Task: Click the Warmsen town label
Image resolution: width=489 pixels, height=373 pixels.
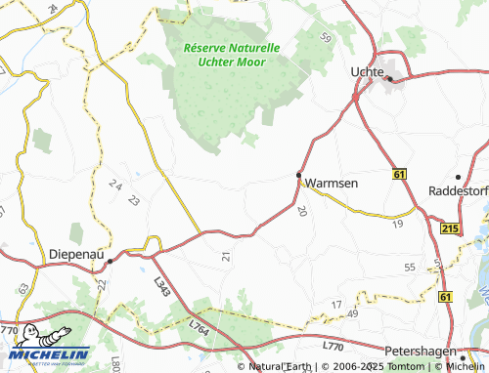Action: pos(332,183)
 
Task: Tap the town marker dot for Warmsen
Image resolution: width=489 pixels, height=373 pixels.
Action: pos(299,175)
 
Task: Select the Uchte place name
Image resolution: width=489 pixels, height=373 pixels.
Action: pos(368,72)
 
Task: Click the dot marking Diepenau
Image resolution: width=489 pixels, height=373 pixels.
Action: pos(111,261)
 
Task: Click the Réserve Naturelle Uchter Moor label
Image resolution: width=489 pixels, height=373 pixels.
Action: pos(232,55)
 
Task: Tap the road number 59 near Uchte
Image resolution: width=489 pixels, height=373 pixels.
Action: pos(326,38)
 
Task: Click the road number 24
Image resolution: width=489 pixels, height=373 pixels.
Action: pos(116,185)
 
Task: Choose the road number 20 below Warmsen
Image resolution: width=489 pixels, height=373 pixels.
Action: pos(302,210)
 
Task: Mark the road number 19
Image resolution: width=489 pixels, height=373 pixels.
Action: pos(397,224)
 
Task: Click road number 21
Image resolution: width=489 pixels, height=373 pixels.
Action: pos(226,256)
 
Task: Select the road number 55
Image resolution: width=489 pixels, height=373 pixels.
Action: pos(410,266)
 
